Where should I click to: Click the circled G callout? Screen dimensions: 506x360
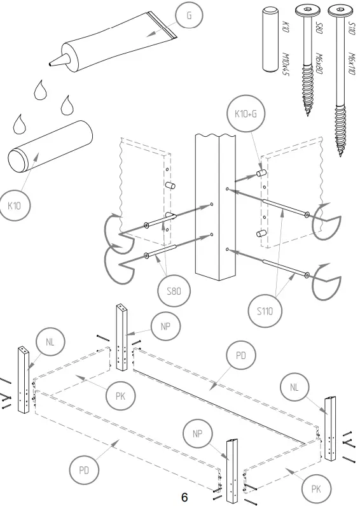(188, 16)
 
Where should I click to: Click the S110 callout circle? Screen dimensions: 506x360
(265, 313)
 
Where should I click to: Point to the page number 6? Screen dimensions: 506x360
(184, 497)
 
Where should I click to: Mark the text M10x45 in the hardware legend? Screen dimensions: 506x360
(286, 63)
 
